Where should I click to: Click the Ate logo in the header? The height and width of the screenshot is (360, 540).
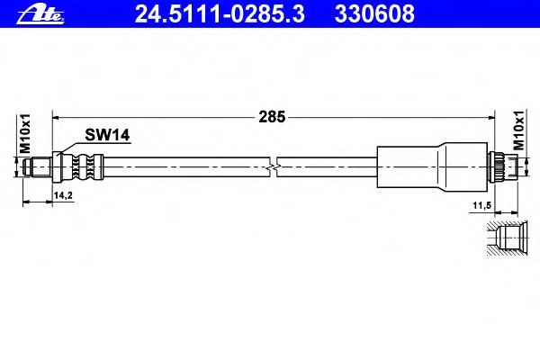(40, 14)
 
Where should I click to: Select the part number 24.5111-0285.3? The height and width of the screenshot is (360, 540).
(220, 13)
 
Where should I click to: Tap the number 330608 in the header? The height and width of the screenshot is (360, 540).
(374, 13)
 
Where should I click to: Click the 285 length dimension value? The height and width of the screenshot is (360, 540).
(272, 117)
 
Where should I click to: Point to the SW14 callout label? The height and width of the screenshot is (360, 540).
(107, 135)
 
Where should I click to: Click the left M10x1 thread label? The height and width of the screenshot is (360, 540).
(25, 134)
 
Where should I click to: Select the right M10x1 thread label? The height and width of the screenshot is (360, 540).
(519, 130)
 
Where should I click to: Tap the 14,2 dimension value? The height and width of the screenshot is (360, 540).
(63, 195)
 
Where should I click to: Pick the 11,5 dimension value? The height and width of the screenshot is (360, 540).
(481, 206)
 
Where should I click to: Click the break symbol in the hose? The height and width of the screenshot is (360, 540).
(273, 167)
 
